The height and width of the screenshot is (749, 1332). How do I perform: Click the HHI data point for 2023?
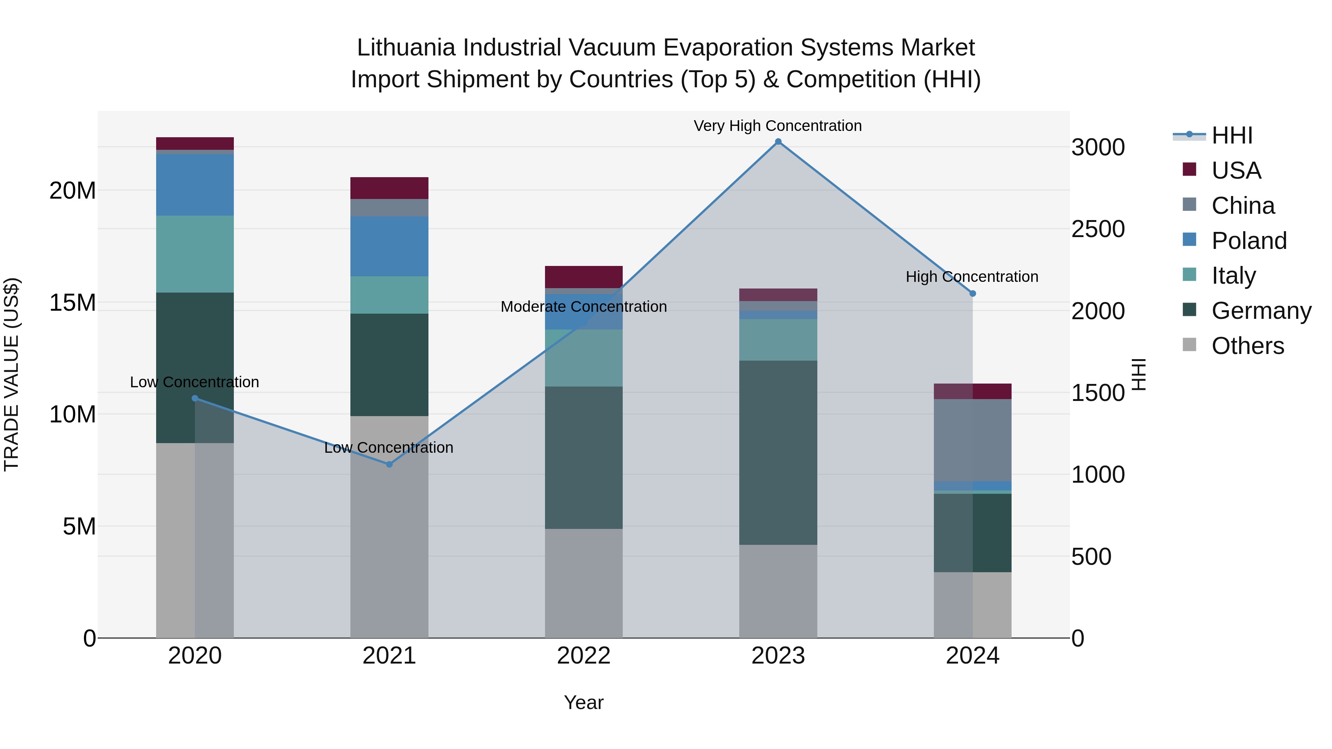pos(778,142)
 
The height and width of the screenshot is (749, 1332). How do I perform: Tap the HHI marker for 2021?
pos(389,464)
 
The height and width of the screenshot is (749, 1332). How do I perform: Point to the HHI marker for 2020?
pos(195,398)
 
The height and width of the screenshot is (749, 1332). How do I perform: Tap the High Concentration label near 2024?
pos(972,277)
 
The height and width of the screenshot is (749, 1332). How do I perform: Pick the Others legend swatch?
pos(1189,345)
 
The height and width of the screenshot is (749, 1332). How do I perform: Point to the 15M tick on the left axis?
pos(73,303)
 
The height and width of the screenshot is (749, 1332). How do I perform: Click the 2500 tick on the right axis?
pos(1097,229)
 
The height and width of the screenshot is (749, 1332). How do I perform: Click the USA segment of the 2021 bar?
pos(389,188)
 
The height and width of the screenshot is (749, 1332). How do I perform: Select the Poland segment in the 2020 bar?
pos(195,185)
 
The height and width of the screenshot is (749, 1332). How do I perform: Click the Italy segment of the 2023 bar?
pos(778,340)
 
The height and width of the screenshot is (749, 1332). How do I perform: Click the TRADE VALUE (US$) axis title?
pos(11,374)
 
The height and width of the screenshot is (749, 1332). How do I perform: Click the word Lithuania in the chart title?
pos(406,48)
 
